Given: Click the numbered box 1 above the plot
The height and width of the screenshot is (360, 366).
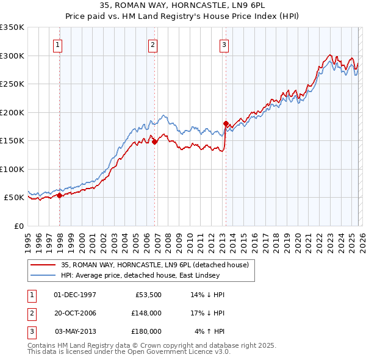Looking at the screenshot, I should [x=57, y=44].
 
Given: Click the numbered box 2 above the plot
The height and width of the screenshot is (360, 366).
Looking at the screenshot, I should [x=152, y=44].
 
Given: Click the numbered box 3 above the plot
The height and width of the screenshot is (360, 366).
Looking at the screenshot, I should [x=224, y=44].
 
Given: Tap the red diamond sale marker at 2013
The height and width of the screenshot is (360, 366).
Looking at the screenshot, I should [x=226, y=123].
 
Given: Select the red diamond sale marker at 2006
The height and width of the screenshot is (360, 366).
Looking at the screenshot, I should [x=155, y=142].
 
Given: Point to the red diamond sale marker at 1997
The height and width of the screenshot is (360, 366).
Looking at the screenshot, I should [x=60, y=195].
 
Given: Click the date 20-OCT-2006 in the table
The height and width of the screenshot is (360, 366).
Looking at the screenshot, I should [x=75, y=313].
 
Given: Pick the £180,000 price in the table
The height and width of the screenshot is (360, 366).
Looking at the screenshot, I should [x=146, y=331].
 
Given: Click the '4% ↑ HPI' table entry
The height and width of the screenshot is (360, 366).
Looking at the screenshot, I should [x=209, y=331].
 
